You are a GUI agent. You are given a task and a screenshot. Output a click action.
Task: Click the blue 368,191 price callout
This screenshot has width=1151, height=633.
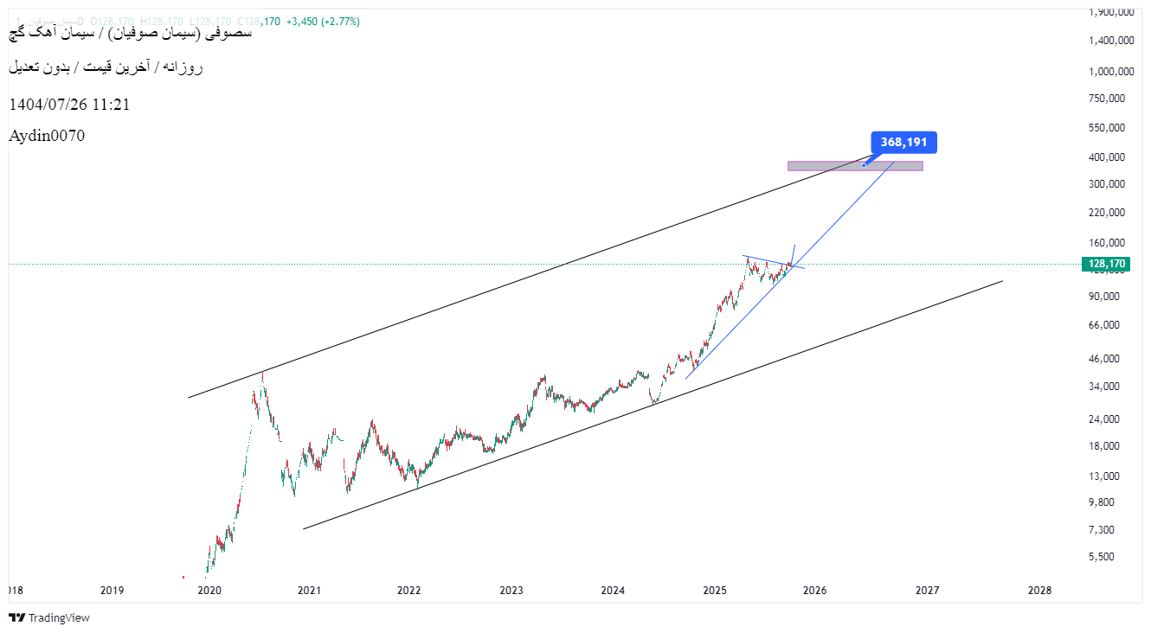pos(904,142)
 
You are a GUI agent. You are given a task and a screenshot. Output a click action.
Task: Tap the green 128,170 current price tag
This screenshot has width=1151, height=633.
pos(1105,264)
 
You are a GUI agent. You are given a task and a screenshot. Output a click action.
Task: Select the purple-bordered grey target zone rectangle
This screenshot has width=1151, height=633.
pos(855,166)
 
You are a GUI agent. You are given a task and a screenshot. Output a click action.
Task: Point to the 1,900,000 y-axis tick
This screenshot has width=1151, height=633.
pos(1113,12)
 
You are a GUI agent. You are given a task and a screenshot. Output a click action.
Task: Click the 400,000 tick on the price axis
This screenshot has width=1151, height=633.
pos(1108,157)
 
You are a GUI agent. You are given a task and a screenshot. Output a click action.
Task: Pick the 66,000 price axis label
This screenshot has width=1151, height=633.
pos(1105,325)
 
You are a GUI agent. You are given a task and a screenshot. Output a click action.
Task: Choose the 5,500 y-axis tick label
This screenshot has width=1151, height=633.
pos(1103,557)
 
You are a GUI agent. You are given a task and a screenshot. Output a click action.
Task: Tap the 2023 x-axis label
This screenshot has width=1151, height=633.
pos(511,591)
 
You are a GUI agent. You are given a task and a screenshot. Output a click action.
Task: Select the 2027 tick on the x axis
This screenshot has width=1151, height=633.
pos(927,591)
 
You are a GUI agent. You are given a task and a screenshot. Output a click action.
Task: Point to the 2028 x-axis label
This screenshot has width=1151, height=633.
pos(1039,591)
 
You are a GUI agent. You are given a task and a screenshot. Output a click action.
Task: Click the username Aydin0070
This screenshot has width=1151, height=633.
pos(47,136)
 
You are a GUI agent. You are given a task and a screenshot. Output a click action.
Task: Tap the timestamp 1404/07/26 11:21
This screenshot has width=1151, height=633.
pos(69,105)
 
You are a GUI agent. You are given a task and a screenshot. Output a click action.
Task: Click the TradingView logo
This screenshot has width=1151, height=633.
pos(49,617)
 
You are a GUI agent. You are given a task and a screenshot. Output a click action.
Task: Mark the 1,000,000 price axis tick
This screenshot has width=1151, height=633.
pos(1113,71)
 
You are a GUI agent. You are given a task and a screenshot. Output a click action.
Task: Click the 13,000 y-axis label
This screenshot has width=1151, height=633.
pos(1105,476)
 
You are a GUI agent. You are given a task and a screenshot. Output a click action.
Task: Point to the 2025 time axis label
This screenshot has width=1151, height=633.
pos(714,591)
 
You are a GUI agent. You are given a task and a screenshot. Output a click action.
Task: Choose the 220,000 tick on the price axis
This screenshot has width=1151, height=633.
pos(1108,212)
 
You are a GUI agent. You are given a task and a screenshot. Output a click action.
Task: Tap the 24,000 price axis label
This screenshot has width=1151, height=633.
pos(1105,419)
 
